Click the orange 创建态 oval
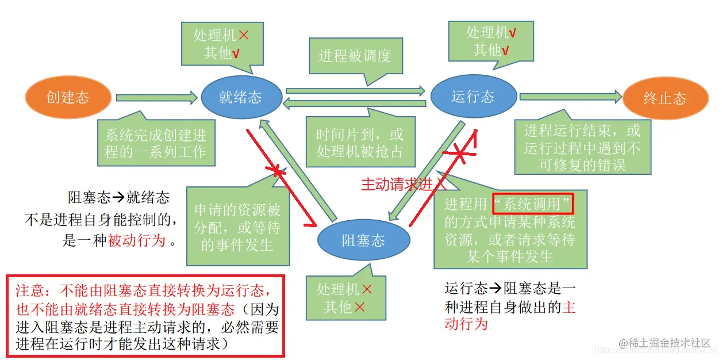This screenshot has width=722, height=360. coord(68,98)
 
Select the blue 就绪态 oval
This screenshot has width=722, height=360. coord(241,97)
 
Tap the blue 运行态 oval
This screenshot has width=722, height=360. coord(473,97)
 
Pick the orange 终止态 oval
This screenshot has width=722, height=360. coord(665,98)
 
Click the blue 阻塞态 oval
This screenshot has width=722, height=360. coord(363,240)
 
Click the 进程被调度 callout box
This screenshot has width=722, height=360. coord(355,55)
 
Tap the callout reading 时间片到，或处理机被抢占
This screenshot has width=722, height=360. coord(360,143)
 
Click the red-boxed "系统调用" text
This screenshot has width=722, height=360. coord(534,204)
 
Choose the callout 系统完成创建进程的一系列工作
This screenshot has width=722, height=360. coord(156,144)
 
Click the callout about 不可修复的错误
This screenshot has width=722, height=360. coord(582,148)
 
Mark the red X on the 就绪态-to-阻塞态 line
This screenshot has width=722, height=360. coord(278,171)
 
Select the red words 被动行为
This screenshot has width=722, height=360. coord(137,240)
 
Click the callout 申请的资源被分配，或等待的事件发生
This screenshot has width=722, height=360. coord(237,227)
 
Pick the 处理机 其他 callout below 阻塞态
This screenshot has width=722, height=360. coord(344,298)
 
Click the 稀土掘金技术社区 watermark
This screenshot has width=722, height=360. coord(670,342)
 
